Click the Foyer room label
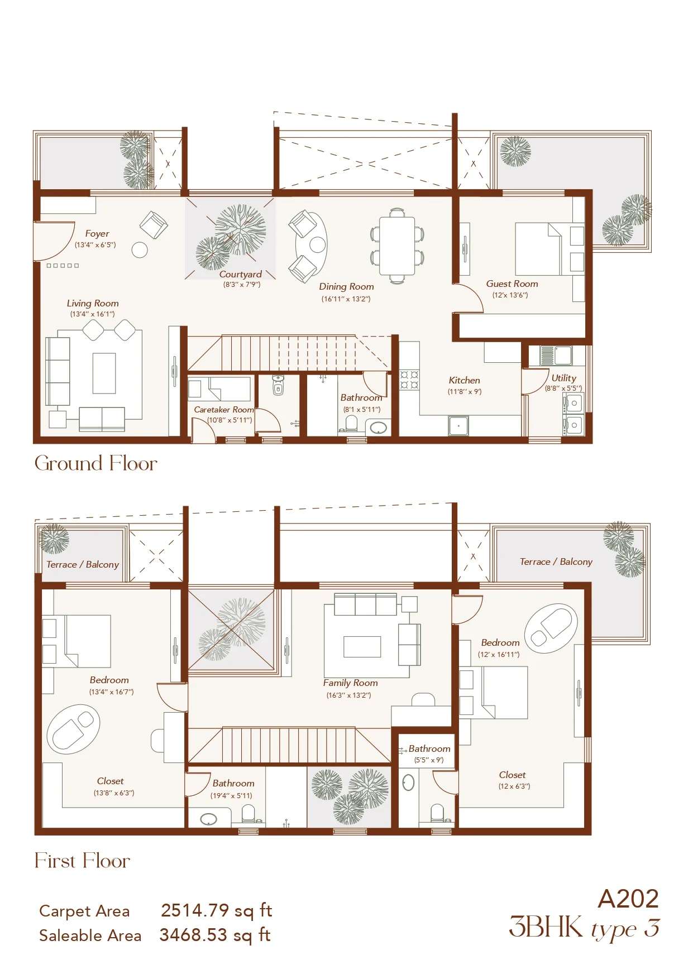(97, 233)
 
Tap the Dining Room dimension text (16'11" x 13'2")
(346, 299)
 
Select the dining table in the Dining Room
(397, 246)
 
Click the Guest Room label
(512, 284)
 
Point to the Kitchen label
(464, 380)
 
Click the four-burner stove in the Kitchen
(409, 380)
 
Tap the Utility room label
(563, 378)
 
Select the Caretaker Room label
(223, 410)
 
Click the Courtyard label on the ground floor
(241, 274)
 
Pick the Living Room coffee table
(104, 373)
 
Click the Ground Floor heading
(96, 463)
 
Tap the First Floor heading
(82, 861)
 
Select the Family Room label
(350, 683)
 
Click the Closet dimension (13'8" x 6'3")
(114, 793)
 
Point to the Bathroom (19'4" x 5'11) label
(233, 784)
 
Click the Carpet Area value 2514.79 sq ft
(217, 910)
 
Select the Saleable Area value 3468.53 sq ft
(216, 935)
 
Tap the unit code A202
(628, 899)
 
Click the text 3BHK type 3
(584, 928)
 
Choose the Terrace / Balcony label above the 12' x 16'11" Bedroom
(556, 562)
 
